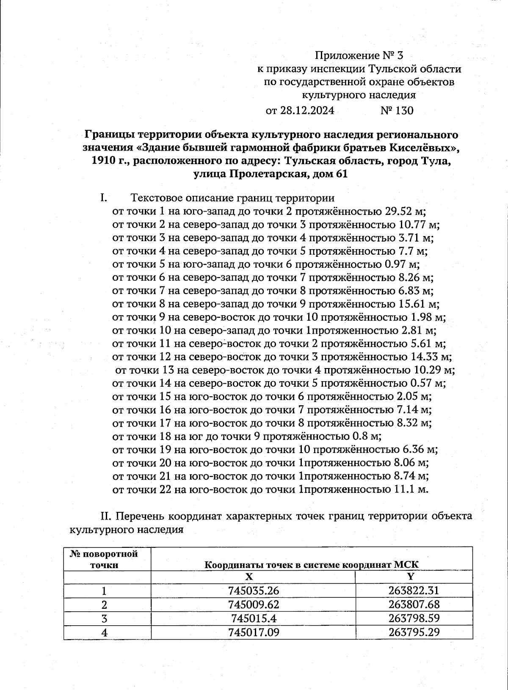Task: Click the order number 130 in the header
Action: [x=403, y=111]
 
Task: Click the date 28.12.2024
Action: [x=307, y=111]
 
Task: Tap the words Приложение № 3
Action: [x=360, y=55]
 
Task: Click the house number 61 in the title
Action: [x=341, y=174]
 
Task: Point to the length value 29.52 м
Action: [x=405, y=211]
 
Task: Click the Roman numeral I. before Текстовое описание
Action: [x=103, y=198]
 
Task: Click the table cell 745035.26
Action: [x=253, y=591]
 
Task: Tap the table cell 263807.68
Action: [x=414, y=604]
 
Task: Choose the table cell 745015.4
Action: [x=253, y=618]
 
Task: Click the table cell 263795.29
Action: [x=414, y=632]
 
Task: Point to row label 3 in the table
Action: [x=104, y=618]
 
